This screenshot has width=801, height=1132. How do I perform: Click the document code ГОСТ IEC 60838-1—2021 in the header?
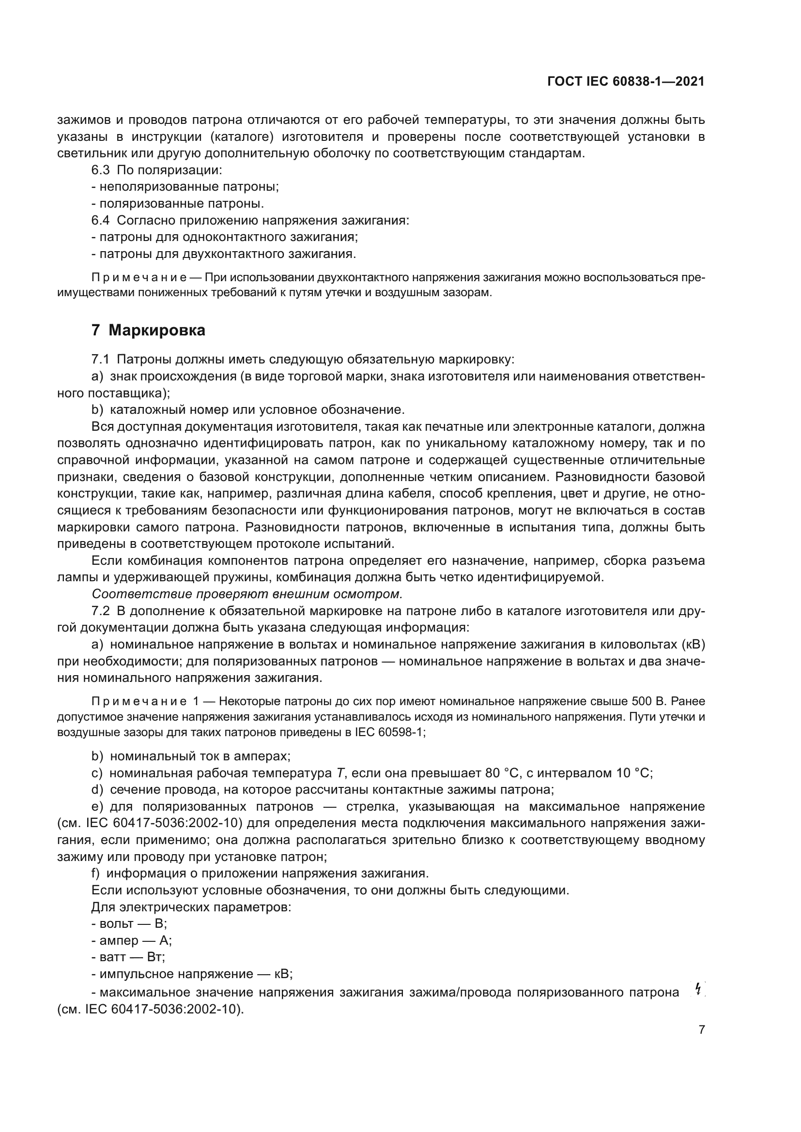click(x=625, y=81)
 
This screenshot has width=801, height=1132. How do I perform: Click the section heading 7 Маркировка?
click(x=149, y=330)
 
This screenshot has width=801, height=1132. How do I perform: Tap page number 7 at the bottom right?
click(x=701, y=1030)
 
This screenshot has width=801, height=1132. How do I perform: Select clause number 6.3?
click(x=101, y=170)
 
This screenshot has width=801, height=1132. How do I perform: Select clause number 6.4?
click(x=101, y=220)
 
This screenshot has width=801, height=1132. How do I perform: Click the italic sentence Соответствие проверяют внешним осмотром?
click(x=247, y=594)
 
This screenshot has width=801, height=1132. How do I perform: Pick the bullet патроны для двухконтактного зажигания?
click(x=223, y=254)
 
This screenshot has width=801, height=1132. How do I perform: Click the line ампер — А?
click(x=131, y=941)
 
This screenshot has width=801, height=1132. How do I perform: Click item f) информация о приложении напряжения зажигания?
click(x=260, y=874)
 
